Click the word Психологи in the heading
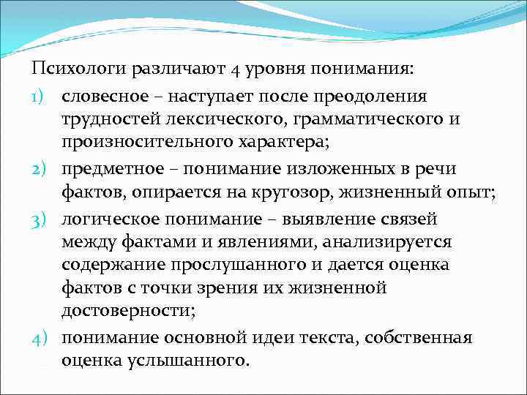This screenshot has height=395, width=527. [x=80, y=69]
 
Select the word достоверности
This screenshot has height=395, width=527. [x=126, y=313]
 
